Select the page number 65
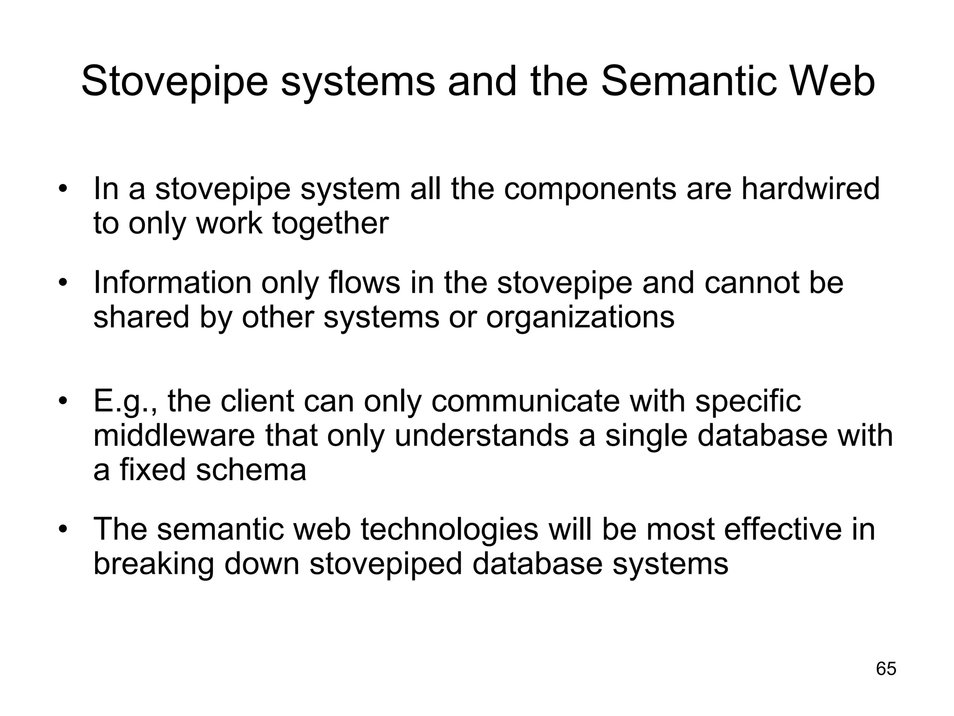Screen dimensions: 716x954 click(886, 668)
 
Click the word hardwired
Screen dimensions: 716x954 click(810, 189)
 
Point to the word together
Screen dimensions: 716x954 click(330, 223)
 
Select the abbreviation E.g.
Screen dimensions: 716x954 click(122, 401)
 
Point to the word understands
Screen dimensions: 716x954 click(482, 435)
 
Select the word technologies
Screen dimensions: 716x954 click(450, 530)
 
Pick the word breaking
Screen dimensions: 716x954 click(154, 564)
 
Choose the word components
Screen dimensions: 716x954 click(590, 189)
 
